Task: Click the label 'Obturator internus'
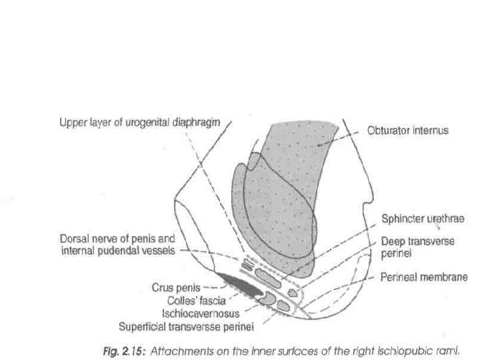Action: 407,131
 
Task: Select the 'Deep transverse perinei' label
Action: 418,247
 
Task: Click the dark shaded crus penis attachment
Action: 240,286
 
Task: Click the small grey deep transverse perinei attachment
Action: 292,291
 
